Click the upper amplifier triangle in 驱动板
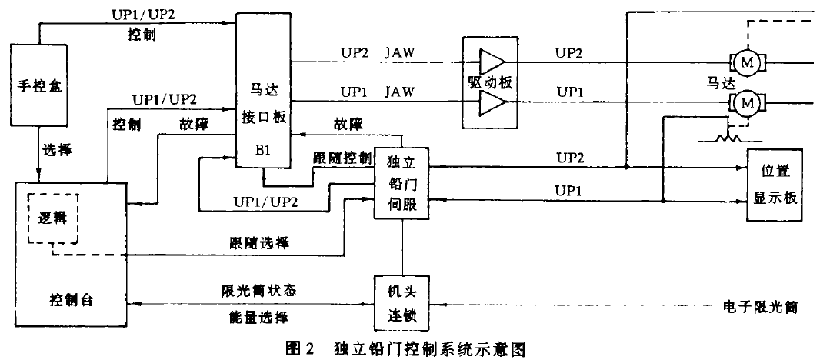pyautogui.click(x=491, y=61)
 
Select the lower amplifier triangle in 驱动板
pyautogui.click(x=491, y=101)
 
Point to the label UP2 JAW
pyautogui.click(x=378, y=52)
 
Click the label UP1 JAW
pyautogui.click(x=378, y=92)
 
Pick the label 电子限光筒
pyautogui.click(x=760, y=308)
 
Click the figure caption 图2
pyautogui.click(x=300, y=348)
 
